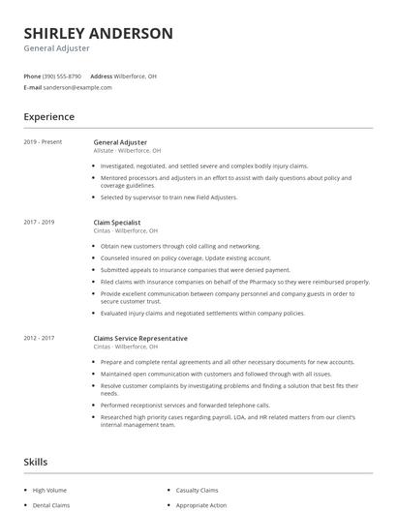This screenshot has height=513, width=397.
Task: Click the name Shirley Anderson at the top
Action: coord(98,33)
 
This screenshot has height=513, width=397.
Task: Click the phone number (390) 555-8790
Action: coord(62,75)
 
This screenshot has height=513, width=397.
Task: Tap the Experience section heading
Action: coord(48,117)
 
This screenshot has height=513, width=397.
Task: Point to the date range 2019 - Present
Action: coord(43,142)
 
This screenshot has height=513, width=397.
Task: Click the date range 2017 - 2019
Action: coord(39,223)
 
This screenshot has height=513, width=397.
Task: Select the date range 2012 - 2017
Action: coord(39,338)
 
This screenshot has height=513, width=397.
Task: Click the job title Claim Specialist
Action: coord(116,223)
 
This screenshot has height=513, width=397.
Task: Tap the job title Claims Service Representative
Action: coord(139,338)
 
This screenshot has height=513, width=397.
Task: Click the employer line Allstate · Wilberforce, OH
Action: coord(126,151)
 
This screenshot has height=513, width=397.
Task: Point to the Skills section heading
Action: coord(35,463)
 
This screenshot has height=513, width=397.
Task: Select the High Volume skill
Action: coord(49,491)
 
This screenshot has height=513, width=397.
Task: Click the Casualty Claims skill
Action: coord(197,491)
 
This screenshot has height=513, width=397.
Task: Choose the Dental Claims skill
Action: coord(50,505)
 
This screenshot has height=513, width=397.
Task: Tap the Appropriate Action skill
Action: coord(200,505)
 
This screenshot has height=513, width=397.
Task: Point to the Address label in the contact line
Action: coord(101,75)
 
